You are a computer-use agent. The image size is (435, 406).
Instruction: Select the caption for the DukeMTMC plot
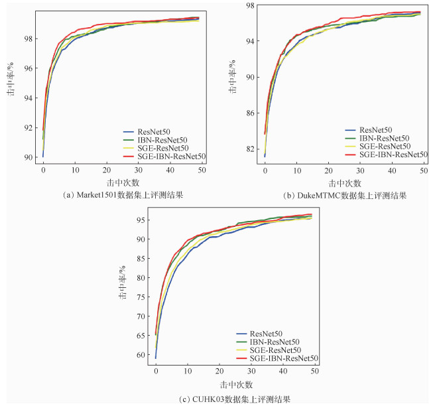(x=345, y=196)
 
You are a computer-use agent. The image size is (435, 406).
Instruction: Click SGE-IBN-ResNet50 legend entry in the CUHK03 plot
(x=283, y=358)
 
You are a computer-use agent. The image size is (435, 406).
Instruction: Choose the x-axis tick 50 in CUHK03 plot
(x=314, y=373)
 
